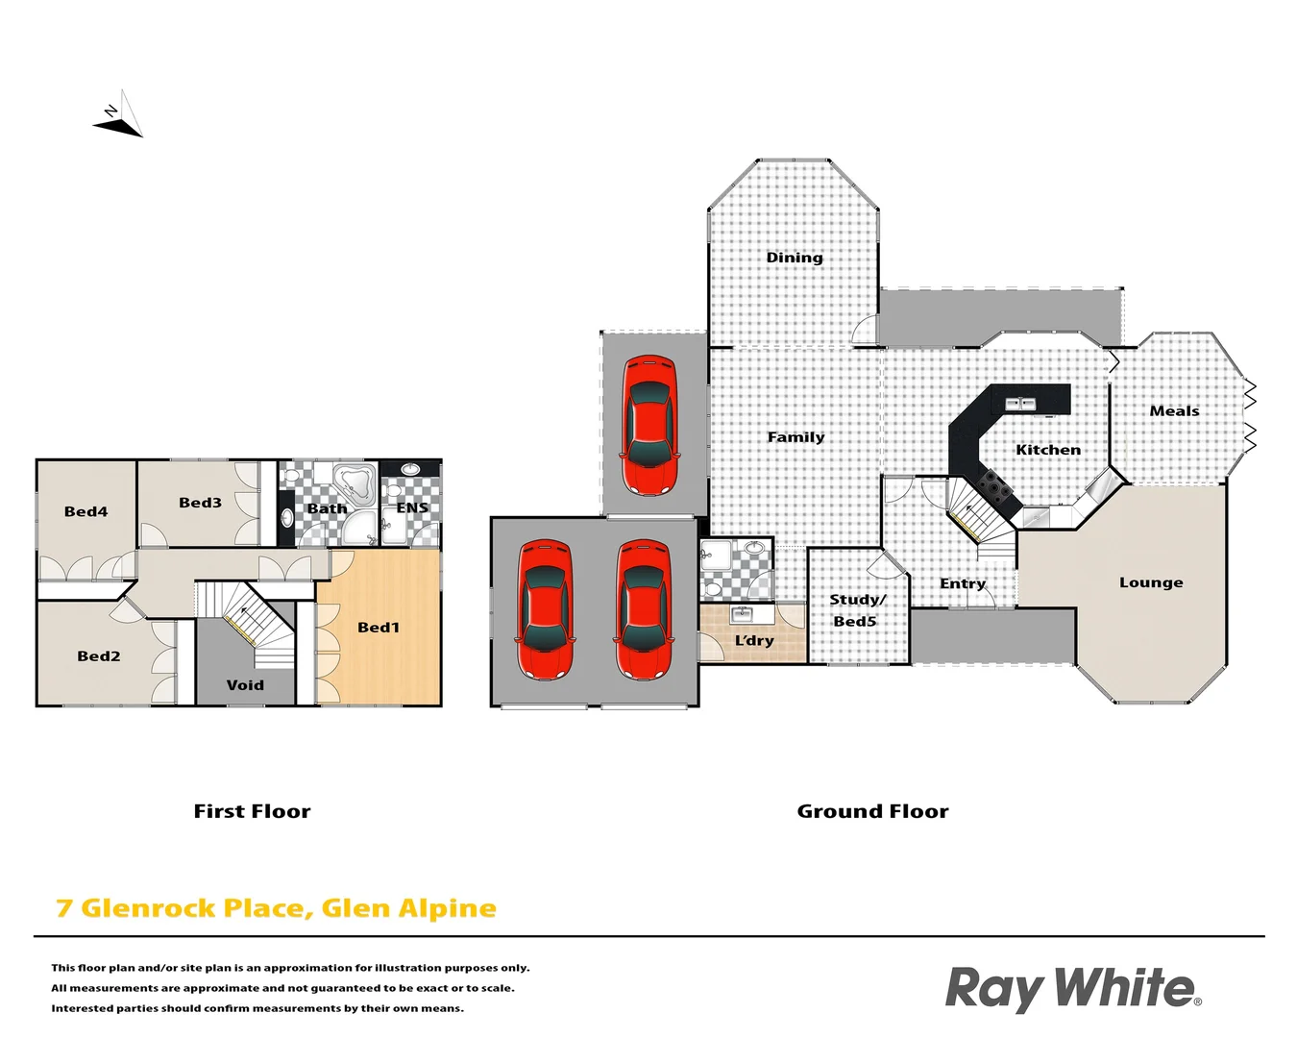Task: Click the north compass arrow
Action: (x=120, y=116)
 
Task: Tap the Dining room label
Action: (x=795, y=258)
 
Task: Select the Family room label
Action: (x=795, y=437)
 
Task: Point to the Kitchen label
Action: (x=1048, y=450)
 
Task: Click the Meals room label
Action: (x=1174, y=411)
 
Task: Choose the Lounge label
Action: (x=1151, y=582)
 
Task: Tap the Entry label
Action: (x=963, y=583)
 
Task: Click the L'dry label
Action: (x=754, y=640)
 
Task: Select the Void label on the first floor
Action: (x=245, y=685)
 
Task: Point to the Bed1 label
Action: (x=379, y=628)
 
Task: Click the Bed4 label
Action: (x=86, y=512)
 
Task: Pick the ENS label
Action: (x=412, y=507)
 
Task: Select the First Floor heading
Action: (x=252, y=811)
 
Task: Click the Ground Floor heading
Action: (x=872, y=811)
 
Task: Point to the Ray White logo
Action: (x=1072, y=989)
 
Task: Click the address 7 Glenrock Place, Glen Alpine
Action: (x=277, y=908)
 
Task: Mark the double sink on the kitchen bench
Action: (x=1020, y=404)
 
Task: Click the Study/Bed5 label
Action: (x=857, y=610)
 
